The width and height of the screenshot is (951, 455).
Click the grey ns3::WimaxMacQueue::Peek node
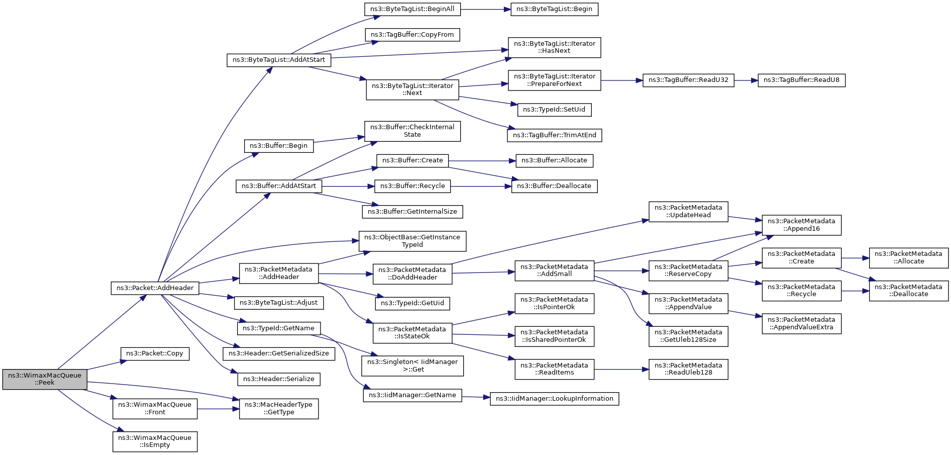click(x=45, y=379)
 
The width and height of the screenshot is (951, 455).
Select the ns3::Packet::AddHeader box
click(x=155, y=288)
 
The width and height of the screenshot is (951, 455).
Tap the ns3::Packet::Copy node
click(x=155, y=353)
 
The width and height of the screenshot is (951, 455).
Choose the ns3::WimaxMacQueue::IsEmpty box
click(x=155, y=441)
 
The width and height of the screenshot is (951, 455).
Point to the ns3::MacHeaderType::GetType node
click(x=279, y=409)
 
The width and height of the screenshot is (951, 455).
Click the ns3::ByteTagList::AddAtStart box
click(x=279, y=60)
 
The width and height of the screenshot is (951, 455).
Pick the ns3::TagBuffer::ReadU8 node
click(x=801, y=80)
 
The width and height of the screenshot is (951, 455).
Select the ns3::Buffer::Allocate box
click(x=554, y=160)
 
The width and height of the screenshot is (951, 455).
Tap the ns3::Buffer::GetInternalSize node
click(x=412, y=212)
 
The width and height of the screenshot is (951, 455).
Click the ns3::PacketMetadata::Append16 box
click(x=801, y=225)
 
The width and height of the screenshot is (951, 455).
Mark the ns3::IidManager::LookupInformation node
click(x=554, y=399)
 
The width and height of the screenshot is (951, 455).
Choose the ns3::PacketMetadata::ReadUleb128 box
click(x=688, y=369)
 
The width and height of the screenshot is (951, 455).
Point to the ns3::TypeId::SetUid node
click(x=554, y=110)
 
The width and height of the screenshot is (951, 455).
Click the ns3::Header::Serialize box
click(x=279, y=379)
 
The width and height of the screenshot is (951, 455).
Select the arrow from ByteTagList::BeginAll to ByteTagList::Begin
click(x=485, y=9)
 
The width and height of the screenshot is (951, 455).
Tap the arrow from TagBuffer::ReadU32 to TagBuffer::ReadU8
click(x=746, y=80)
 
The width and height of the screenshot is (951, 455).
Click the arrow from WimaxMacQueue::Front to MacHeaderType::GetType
click(x=218, y=409)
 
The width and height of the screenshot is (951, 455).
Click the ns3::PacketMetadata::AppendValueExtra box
click(x=801, y=323)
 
